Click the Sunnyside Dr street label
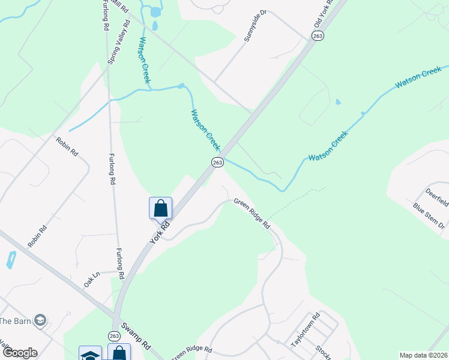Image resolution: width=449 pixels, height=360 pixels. pyautogui.click(x=255, y=26)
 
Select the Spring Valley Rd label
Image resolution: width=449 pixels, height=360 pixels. pyautogui.click(x=118, y=44)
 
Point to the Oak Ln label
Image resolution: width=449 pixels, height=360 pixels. pyautogui.click(x=92, y=280)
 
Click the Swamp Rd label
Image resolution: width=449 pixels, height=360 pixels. pyautogui.click(x=136, y=337)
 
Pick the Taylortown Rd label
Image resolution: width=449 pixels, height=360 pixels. pyautogui.click(x=306, y=329)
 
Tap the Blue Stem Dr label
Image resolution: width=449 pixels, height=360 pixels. pyautogui.click(x=429, y=216)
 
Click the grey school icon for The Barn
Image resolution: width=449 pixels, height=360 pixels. pyautogui.click(x=40, y=320)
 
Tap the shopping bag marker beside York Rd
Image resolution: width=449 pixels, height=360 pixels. pyautogui.click(x=160, y=209)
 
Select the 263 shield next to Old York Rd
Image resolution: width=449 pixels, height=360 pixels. pyautogui.click(x=318, y=36)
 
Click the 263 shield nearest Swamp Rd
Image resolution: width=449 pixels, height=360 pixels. pyautogui.click(x=114, y=335)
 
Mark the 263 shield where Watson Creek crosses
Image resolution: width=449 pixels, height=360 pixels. pyautogui.click(x=217, y=163)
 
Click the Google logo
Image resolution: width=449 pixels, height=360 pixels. pyautogui.click(x=19, y=353)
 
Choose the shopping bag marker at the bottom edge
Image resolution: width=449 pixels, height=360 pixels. pyautogui.click(x=119, y=353)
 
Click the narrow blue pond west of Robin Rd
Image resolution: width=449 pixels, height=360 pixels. pyautogui.click(x=10, y=260)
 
